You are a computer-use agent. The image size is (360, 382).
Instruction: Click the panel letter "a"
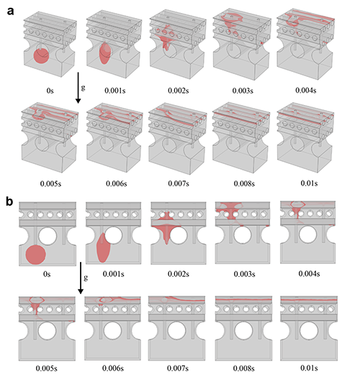(10, 12)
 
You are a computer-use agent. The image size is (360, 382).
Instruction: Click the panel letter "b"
(9, 201)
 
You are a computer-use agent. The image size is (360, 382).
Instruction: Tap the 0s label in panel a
(50, 91)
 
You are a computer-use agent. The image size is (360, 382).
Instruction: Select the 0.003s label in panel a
(243, 91)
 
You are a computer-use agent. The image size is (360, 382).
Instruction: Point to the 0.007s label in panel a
(179, 183)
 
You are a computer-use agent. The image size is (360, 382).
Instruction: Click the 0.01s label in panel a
(309, 183)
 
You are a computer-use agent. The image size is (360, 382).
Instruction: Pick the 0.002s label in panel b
(179, 274)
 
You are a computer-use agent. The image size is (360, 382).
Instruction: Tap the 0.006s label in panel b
(113, 368)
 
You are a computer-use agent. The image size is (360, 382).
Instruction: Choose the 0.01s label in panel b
(309, 368)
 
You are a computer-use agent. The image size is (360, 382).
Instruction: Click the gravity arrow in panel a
(78, 88)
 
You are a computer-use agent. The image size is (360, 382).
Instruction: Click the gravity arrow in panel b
(81, 278)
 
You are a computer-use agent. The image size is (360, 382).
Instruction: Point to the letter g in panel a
(84, 88)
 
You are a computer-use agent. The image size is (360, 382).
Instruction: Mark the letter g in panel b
(86, 278)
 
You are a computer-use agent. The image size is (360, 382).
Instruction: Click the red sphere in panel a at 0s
(41, 56)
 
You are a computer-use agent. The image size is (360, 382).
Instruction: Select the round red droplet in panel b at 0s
(35, 255)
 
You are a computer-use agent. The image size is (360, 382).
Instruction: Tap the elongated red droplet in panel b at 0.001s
(104, 247)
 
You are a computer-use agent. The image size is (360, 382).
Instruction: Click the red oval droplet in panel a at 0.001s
(105, 53)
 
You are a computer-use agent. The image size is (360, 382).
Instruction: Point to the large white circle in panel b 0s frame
(48, 236)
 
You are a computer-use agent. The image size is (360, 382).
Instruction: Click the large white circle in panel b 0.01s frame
(309, 331)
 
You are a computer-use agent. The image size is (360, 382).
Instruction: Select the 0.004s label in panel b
(309, 273)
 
